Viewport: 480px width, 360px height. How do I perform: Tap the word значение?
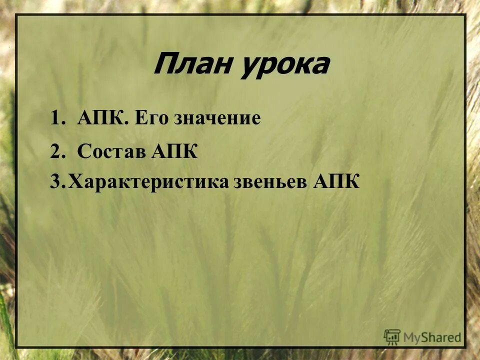217,118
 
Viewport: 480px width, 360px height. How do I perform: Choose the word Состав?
110,151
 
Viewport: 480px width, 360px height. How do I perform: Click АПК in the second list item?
173,151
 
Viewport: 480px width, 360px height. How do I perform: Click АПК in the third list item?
336,182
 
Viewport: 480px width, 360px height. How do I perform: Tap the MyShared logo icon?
392,336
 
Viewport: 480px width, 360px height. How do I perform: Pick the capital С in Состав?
83,151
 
